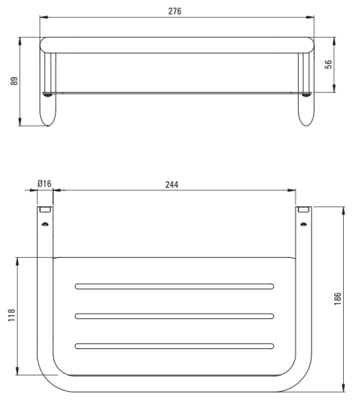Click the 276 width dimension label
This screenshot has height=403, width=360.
pos(175,11)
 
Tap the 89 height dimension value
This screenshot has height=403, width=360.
pos(14,81)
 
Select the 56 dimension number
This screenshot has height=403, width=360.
pos(329,64)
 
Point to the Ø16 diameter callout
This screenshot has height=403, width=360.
pos(44,184)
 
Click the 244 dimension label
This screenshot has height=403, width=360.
pos(172,185)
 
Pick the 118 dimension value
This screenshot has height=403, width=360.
pos(11,315)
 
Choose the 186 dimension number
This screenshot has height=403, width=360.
pos(337,299)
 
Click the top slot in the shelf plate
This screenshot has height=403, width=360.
pos(175,286)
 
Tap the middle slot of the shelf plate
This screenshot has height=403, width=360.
pos(175,316)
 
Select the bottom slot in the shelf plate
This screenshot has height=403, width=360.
pos(175,346)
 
